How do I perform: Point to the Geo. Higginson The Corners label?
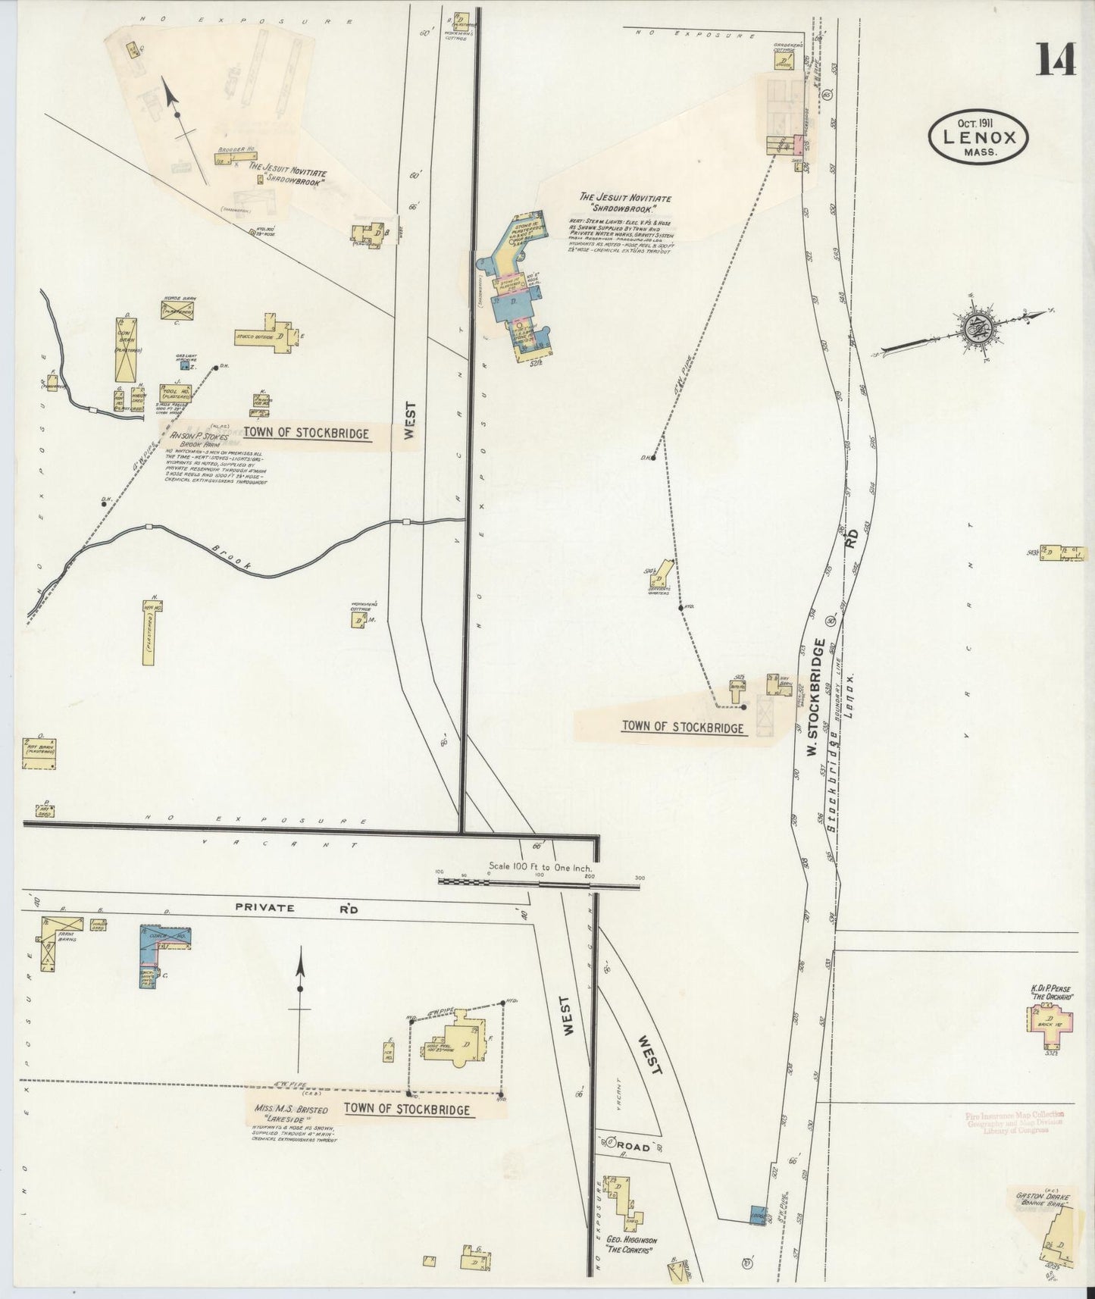click(625, 1244)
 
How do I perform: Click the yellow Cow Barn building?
click(126, 349)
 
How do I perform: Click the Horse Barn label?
click(177, 299)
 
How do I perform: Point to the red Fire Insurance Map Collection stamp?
click(1015, 1122)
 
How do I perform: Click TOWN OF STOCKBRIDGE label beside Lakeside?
click(407, 1109)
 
